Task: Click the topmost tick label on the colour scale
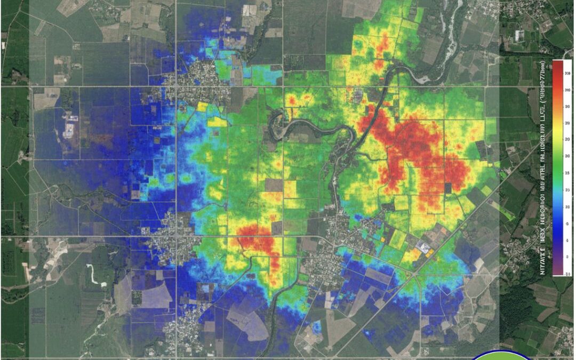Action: (x=567, y=73)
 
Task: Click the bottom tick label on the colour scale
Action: (x=567, y=274)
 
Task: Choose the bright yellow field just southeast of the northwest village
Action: (x=217, y=122)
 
